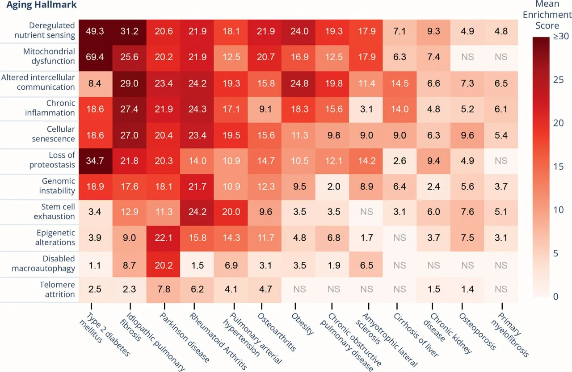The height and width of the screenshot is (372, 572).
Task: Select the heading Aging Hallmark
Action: point(38,5)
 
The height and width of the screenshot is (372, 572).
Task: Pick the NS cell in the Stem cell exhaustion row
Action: point(366,212)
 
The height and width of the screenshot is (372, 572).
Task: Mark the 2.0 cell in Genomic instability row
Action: point(333,186)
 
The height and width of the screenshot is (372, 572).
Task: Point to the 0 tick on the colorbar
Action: point(555,297)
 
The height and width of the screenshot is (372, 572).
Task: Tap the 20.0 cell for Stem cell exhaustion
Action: point(231,212)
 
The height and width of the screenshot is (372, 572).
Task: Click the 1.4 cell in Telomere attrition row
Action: point(467,289)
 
